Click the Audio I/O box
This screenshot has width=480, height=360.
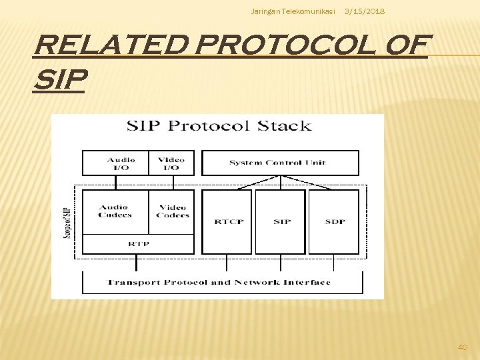pos(121,163)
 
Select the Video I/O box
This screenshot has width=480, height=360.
pos(171,163)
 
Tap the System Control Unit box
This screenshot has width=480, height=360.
pos(280,163)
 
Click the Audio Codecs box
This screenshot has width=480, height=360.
pos(115,211)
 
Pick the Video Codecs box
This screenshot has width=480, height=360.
pos(172,211)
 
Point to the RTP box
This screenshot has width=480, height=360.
pos(139,244)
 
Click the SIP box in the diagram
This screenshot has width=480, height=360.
pos(281,221)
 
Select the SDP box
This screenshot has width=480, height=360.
pos(334,221)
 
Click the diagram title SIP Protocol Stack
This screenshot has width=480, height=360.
pos(219,125)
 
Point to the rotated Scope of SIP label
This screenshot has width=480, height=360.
pos(66,221)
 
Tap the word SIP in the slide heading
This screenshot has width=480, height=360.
pos(60,81)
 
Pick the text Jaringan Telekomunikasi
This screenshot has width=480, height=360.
pos(293,12)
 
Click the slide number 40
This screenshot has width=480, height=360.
pos(463,347)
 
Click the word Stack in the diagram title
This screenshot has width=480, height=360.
pos(285,125)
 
